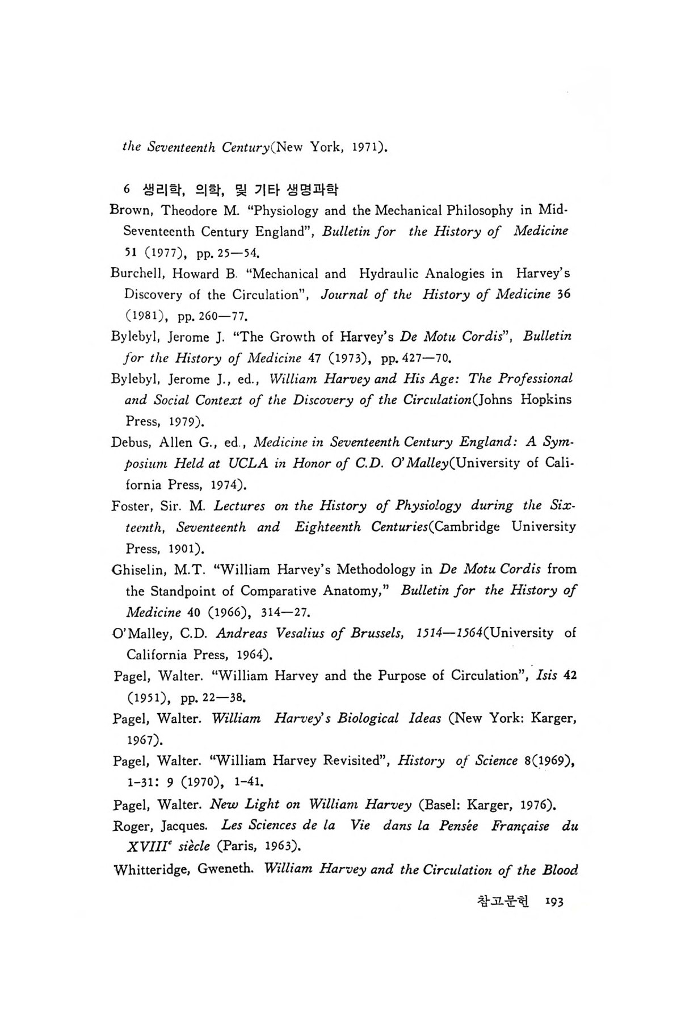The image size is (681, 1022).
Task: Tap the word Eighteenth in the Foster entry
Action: [327, 527]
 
